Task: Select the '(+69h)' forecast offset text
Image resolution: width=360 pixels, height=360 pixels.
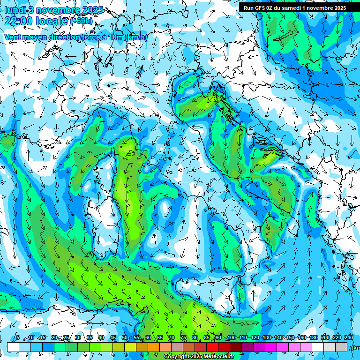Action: (81, 21)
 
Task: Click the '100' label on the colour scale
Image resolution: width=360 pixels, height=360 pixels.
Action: (231, 338)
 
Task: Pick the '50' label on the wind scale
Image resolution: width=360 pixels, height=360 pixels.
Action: (125, 338)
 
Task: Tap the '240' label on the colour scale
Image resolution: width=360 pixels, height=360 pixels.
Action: (349, 338)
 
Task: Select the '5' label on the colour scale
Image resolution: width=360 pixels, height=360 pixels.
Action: (18, 338)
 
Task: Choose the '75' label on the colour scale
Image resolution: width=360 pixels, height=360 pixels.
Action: (184, 338)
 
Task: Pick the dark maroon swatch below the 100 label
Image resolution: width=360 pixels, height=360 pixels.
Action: (236, 347)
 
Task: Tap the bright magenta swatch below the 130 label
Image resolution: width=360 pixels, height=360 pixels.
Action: (271, 347)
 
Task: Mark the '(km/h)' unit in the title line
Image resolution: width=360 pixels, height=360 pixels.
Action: (136, 37)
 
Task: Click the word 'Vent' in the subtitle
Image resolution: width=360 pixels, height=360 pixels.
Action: (14, 37)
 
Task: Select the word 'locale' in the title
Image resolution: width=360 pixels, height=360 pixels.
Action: (50, 21)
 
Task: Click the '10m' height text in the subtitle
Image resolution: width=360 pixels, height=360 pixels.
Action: (117, 37)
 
